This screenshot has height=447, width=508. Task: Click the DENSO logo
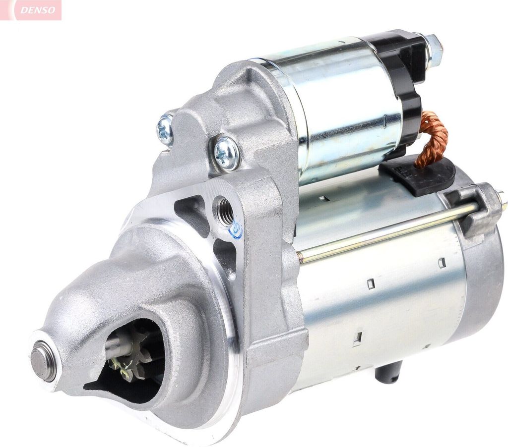(31, 10)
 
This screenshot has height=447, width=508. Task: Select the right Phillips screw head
(226, 153)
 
